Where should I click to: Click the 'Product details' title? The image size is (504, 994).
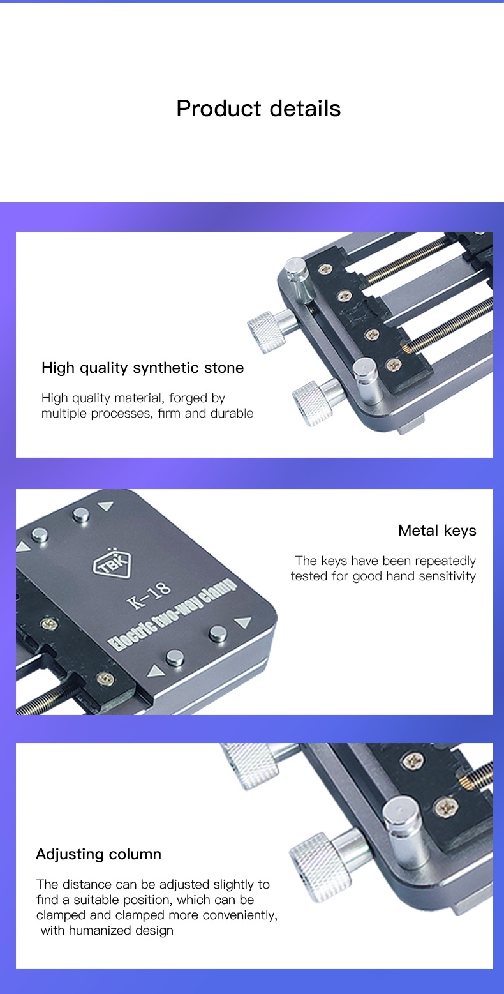coord(258,109)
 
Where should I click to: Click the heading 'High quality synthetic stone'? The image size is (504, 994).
coord(142,368)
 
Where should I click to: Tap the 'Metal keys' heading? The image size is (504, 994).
coord(437,531)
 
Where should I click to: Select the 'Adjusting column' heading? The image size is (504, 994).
coord(98,854)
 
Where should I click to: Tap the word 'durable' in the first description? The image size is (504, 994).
coord(232,413)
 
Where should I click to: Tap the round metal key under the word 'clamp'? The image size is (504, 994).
coord(218,633)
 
